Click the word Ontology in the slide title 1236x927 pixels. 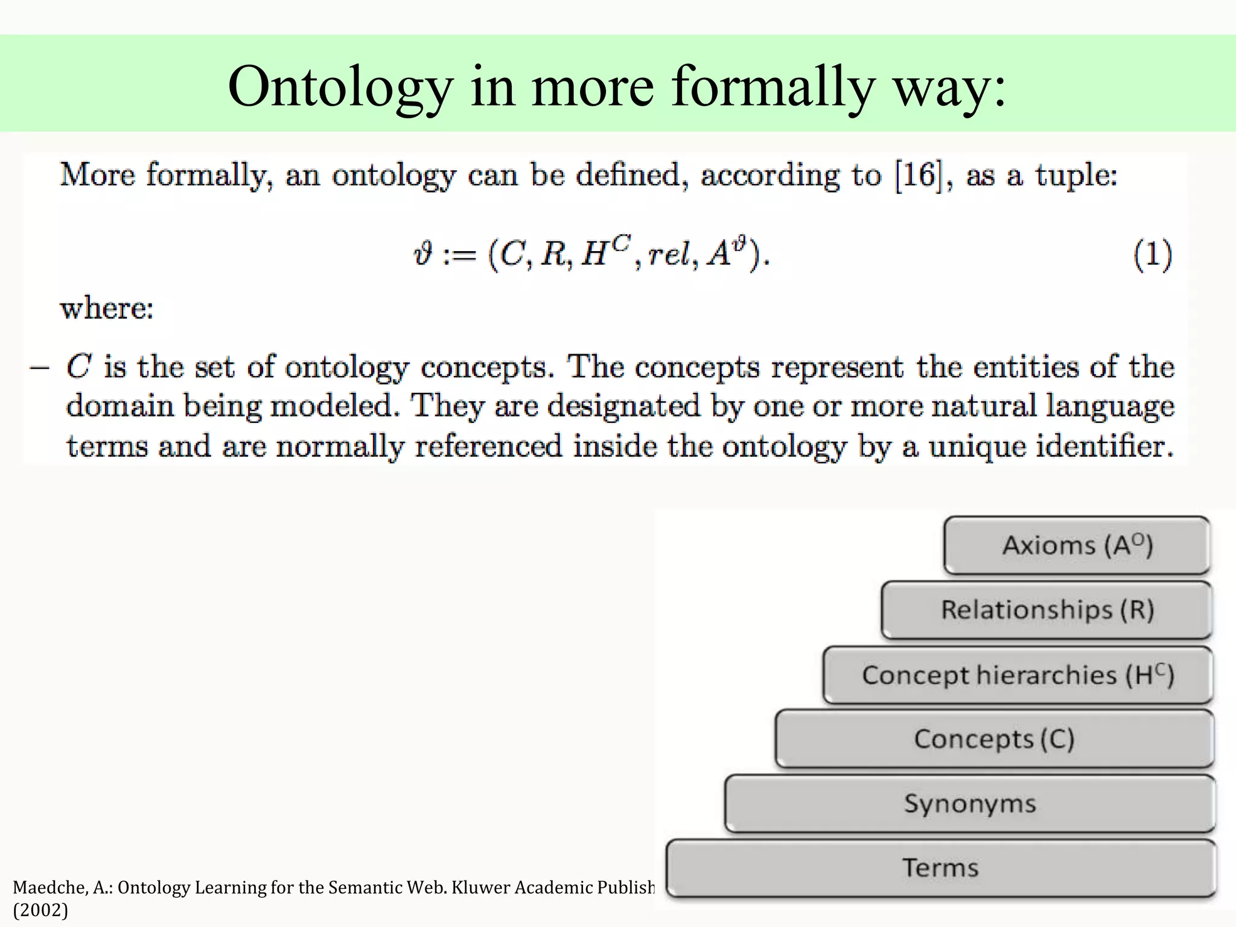pos(340,88)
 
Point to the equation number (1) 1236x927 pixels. pos(1152,254)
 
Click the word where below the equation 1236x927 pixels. pos(107,308)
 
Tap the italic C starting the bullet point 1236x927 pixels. pos(78,367)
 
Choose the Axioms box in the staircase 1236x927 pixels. pos(1077,546)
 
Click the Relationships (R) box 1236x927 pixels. pos(1047,610)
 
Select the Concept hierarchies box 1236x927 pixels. pos(1018,675)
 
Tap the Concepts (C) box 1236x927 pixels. pos(994,739)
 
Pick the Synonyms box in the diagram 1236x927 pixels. pos(970,804)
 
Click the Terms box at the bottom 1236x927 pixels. pos(940,868)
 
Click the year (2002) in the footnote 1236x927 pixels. pos(40,910)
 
